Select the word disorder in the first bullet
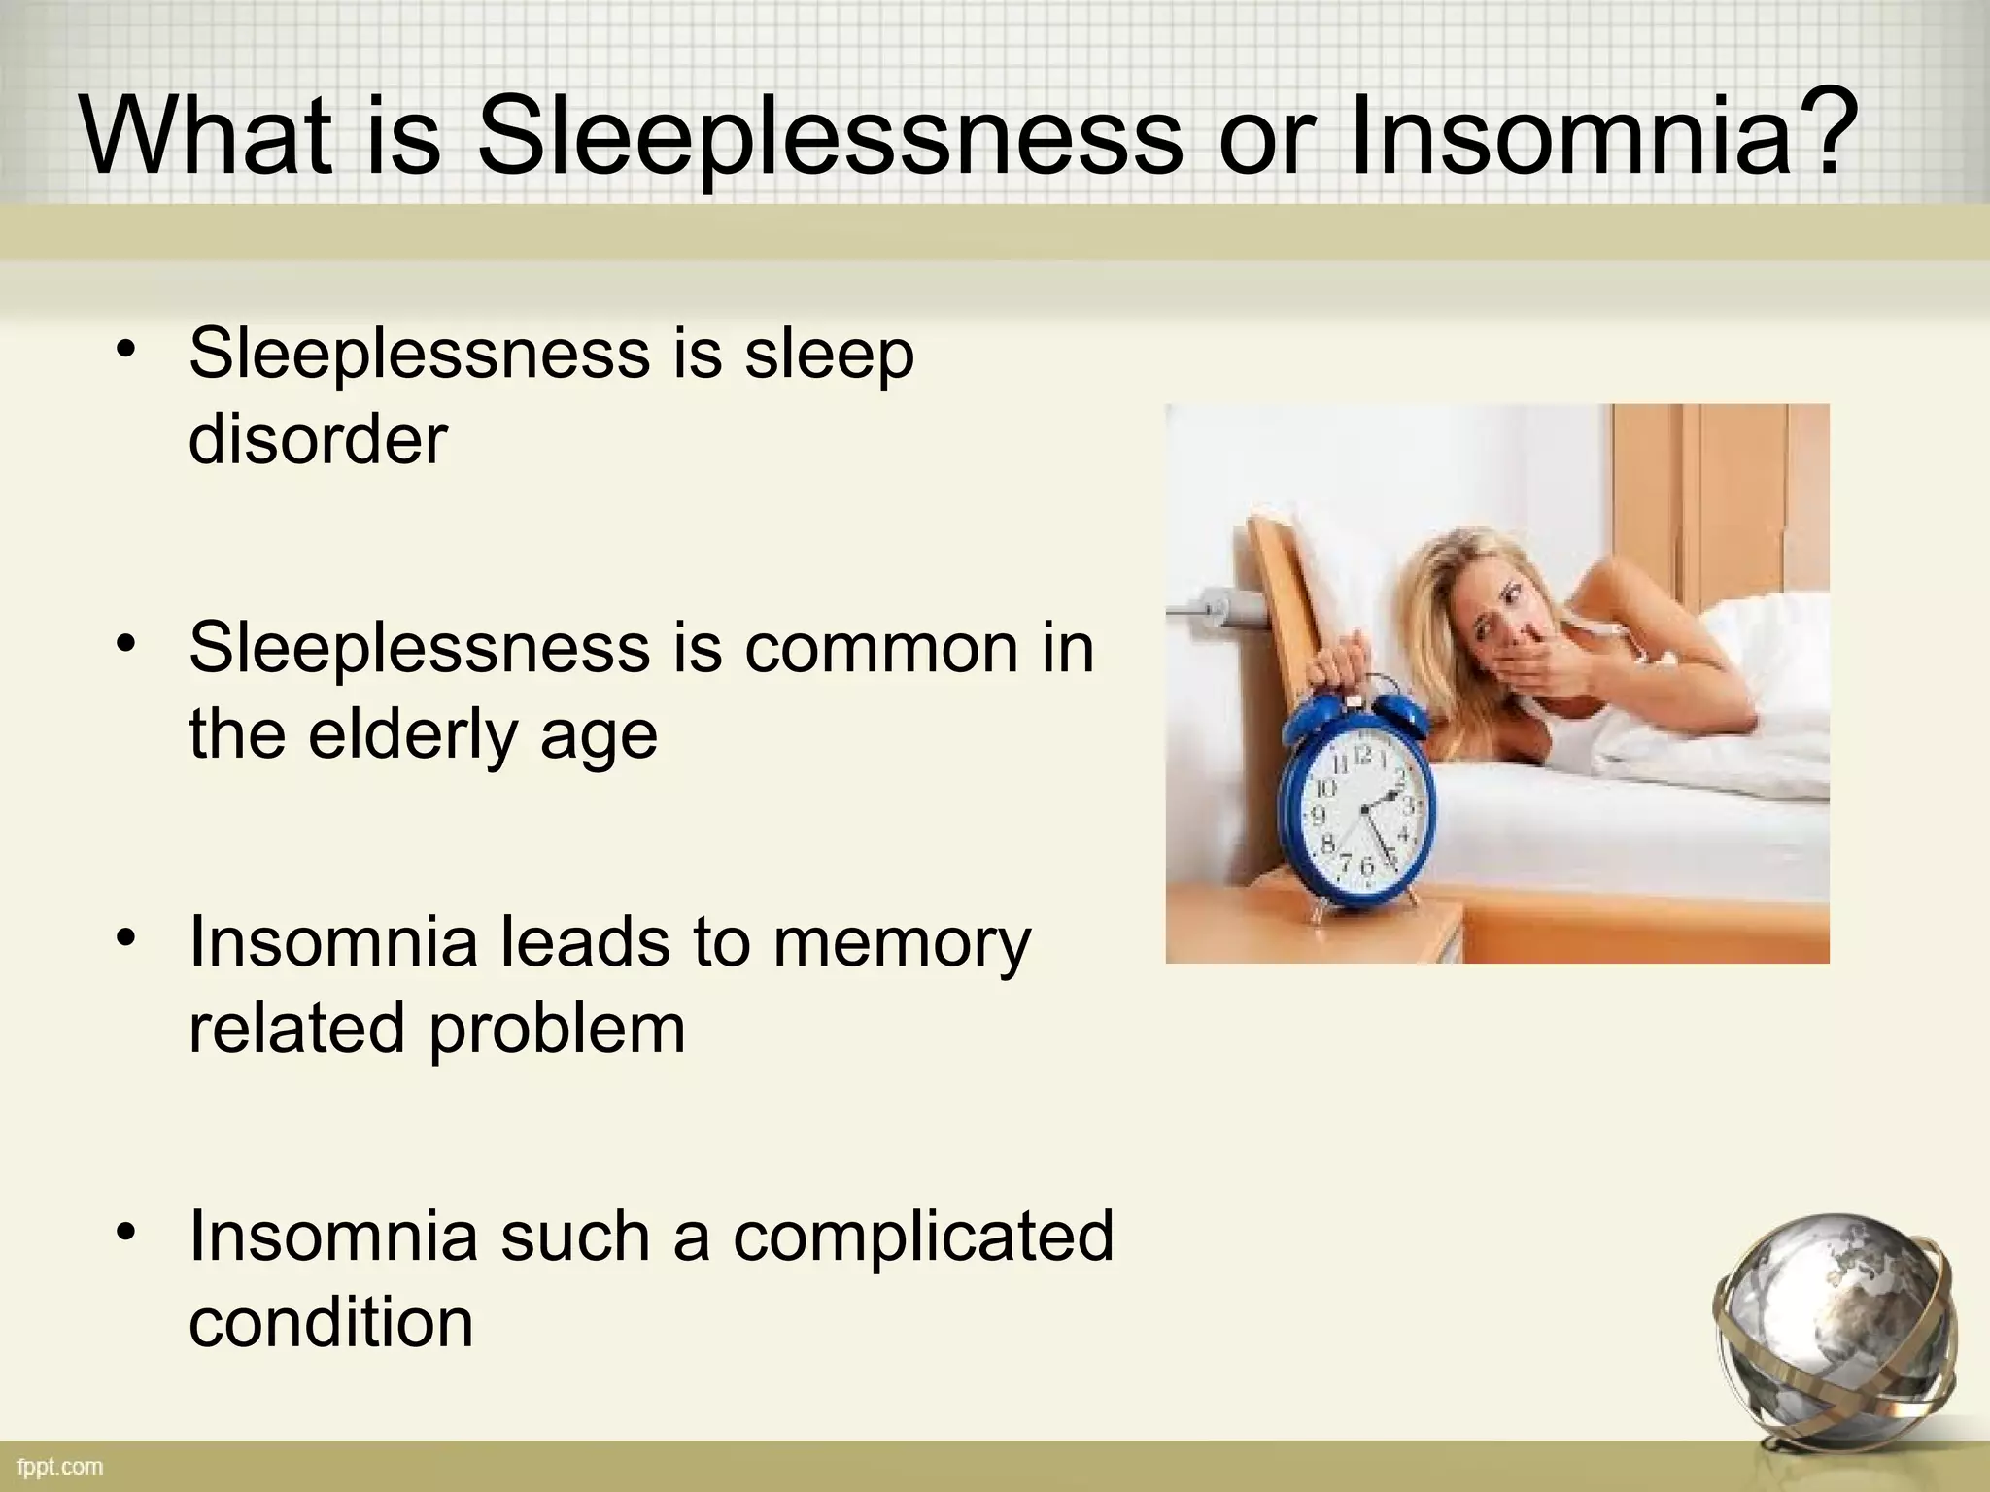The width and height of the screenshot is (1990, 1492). (x=318, y=439)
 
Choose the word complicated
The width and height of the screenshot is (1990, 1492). (x=923, y=1236)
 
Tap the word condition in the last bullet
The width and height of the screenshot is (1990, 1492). (x=330, y=1322)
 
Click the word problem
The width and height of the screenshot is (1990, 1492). (x=556, y=1028)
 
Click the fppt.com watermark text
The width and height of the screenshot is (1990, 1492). (x=60, y=1467)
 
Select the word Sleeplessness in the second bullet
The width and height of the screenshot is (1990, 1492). (x=419, y=648)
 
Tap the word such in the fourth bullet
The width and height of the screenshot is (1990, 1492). (x=574, y=1237)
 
